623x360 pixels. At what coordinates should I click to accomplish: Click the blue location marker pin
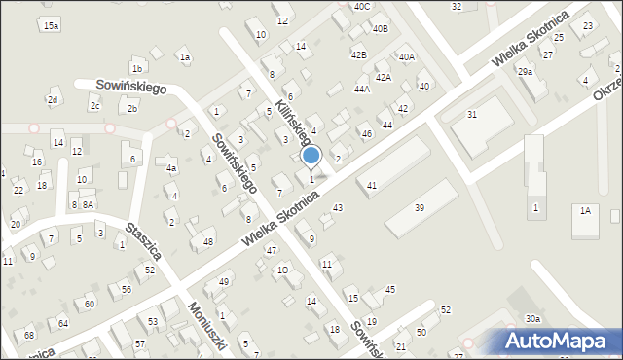click(x=311, y=156)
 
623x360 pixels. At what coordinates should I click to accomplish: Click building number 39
click(x=420, y=208)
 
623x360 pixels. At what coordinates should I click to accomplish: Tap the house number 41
click(x=372, y=185)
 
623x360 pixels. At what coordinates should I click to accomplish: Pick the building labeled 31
click(x=472, y=115)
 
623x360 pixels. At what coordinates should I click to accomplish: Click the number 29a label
click(x=525, y=72)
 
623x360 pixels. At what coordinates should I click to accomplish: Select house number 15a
click(x=51, y=25)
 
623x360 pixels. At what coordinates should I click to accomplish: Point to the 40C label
click(x=362, y=6)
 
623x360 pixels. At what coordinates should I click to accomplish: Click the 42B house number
click(x=358, y=54)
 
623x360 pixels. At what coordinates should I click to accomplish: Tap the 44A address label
click(x=362, y=89)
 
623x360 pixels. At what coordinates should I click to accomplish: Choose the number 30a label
click(x=532, y=319)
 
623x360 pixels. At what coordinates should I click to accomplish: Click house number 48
click(x=207, y=241)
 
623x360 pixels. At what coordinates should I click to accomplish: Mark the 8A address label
click(x=88, y=204)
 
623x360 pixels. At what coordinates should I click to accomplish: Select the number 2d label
click(x=54, y=100)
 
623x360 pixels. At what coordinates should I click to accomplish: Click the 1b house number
click(x=137, y=68)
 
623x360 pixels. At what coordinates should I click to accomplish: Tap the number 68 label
click(x=29, y=337)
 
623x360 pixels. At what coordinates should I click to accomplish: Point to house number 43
click(x=338, y=207)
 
